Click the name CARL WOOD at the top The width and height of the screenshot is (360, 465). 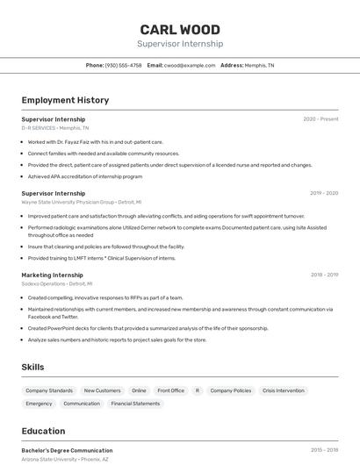point(180,30)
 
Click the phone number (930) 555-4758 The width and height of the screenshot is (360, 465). point(123,65)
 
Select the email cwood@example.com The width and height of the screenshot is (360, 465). point(191,65)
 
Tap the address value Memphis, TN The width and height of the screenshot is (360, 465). point(259,65)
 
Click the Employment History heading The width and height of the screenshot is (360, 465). point(65,100)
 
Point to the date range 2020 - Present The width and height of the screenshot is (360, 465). point(320,118)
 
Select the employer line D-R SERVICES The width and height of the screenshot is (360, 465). point(55,128)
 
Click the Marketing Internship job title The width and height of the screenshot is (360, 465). point(52,275)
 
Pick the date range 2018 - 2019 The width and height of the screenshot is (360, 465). point(324,275)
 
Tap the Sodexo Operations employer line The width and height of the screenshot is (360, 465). point(56,284)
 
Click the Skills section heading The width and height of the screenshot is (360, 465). point(32,367)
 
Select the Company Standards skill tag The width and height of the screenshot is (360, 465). point(49,390)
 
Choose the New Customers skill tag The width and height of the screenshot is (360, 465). point(102,390)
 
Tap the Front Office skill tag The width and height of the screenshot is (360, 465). point(170,390)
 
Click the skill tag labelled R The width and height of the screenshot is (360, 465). point(198,390)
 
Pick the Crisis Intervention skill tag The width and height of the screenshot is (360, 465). point(284,390)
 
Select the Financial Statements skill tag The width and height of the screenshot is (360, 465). point(135,404)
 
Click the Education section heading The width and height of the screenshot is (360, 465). point(43,431)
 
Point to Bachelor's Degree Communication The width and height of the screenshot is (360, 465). point(67,450)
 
